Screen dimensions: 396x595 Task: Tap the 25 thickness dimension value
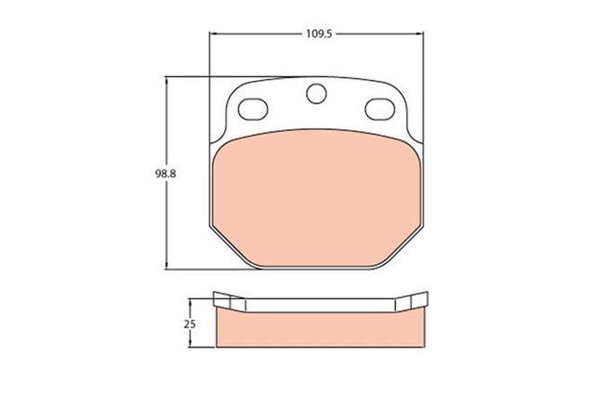pyautogui.click(x=191, y=323)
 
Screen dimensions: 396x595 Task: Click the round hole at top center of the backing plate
pyautogui.click(x=316, y=94)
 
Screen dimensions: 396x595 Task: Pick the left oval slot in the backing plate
pyautogui.click(x=253, y=109)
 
